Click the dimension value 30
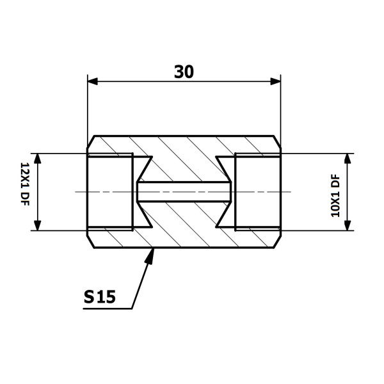click(x=184, y=72)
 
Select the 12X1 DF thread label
click(x=25, y=184)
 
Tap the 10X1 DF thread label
click(x=335, y=195)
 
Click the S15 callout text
click(x=99, y=297)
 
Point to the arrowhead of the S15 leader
click(x=150, y=256)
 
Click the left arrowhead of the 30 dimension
click(x=93, y=81)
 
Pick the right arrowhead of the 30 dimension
click(x=275, y=81)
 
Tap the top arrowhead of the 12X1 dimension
click(x=37, y=159)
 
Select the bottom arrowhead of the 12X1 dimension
click(x=37, y=225)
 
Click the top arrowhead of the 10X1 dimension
click(x=348, y=159)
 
